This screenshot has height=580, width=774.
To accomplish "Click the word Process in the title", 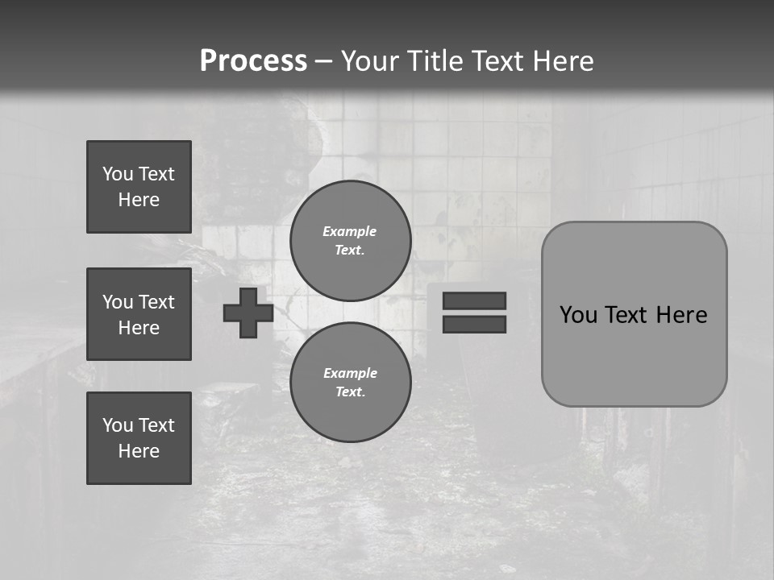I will (x=253, y=61).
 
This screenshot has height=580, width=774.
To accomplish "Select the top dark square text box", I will (x=139, y=187).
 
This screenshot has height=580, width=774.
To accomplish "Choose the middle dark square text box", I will (x=139, y=314).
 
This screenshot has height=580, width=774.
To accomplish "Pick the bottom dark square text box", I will (x=139, y=438).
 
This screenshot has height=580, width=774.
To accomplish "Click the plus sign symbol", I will (x=248, y=313).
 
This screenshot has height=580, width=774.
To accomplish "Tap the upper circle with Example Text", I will (x=350, y=240).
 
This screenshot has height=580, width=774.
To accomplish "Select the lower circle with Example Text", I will (x=350, y=382).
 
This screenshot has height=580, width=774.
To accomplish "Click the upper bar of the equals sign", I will (x=474, y=300).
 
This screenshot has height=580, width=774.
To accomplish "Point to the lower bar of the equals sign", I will (x=474, y=324).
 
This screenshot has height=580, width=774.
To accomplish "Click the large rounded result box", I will (x=634, y=354).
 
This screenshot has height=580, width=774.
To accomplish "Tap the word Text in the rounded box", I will (x=627, y=315).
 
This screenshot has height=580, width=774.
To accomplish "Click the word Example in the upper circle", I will (x=350, y=231).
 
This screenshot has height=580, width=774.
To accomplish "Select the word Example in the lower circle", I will (x=350, y=373).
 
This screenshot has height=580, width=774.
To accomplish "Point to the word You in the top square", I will (x=118, y=174).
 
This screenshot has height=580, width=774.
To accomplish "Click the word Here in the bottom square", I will (x=139, y=451).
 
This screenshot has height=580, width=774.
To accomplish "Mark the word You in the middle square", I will (x=118, y=302).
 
